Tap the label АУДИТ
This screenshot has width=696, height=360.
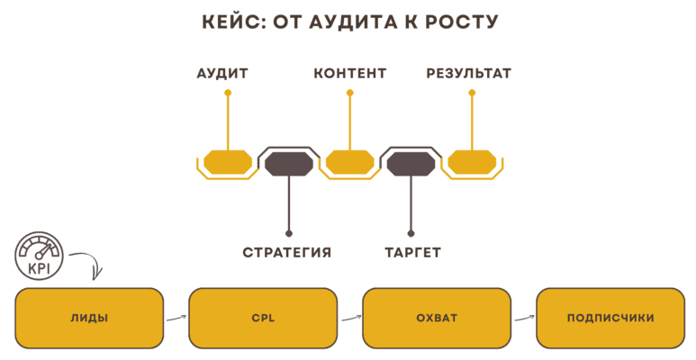click(x=222, y=74)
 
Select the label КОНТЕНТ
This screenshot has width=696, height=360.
click(x=350, y=74)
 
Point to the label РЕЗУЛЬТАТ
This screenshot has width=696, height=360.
click(x=469, y=74)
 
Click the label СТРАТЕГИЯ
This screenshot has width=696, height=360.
click(x=287, y=253)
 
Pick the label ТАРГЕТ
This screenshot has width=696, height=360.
click(x=412, y=253)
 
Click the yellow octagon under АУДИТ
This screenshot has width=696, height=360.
click(x=228, y=162)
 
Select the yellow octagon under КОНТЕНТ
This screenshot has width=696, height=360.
click(x=350, y=162)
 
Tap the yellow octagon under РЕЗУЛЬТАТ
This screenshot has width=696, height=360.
click(x=472, y=162)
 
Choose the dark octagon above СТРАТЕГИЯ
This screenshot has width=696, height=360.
click(x=288, y=163)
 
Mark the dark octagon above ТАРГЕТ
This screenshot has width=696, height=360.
click(x=411, y=163)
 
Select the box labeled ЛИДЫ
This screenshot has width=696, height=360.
click(x=89, y=318)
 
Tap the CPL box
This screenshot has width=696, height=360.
click(x=263, y=318)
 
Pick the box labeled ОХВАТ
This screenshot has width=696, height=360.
click(x=437, y=318)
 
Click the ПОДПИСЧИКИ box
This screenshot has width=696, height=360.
click(x=610, y=318)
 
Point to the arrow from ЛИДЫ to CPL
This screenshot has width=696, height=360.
click(x=176, y=317)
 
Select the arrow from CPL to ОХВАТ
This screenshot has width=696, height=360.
click(x=349, y=317)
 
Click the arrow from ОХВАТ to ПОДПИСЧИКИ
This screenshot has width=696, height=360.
click(x=523, y=317)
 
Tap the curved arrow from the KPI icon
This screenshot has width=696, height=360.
click(x=87, y=264)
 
